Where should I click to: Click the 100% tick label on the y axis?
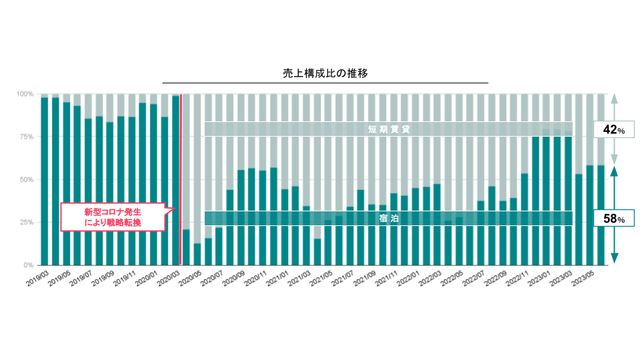[26, 94]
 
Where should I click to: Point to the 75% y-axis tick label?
[26, 137]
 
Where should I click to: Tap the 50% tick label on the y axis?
[26, 179]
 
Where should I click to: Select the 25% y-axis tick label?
[26, 222]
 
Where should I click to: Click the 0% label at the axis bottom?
[29, 265]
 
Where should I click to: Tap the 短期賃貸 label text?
[389, 129]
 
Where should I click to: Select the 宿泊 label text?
[389, 218]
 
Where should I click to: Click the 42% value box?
[613, 129]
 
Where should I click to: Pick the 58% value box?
[613, 218]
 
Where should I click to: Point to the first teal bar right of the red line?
[186, 247]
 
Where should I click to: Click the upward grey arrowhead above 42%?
[614, 97]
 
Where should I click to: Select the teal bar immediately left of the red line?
[175, 180]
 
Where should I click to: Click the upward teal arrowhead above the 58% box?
[614, 171]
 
